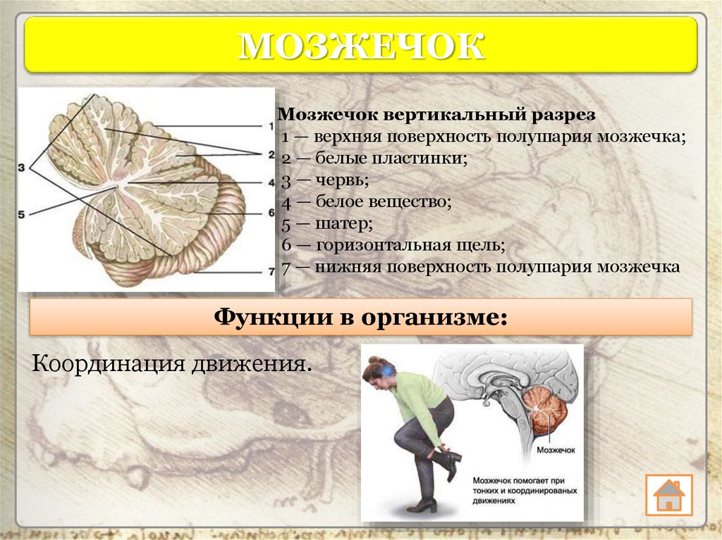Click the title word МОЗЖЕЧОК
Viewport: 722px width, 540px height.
(x=362, y=46)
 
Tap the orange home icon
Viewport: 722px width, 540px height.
(x=668, y=495)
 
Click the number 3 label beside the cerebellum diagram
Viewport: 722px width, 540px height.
(x=21, y=168)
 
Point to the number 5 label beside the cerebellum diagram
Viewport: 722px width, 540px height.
(x=21, y=214)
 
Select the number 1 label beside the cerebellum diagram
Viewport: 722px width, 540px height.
(x=271, y=126)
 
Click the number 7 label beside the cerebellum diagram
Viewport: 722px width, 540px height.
(x=271, y=272)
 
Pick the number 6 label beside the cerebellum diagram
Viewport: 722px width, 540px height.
(x=271, y=213)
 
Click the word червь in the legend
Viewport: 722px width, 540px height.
(x=343, y=180)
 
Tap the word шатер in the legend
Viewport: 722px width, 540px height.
(x=344, y=224)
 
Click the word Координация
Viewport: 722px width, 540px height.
(x=109, y=364)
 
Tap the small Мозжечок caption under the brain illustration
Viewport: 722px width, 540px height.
(x=556, y=450)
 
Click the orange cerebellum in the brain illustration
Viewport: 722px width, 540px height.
(x=549, y=410)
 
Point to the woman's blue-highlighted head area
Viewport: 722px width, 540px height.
(x=386, y=369)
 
